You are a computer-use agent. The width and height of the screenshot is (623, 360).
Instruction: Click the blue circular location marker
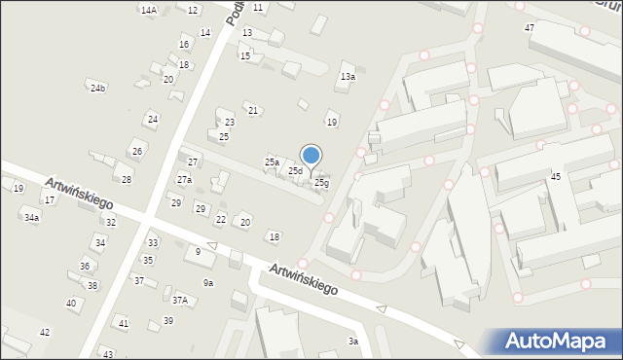(x=311, y=156)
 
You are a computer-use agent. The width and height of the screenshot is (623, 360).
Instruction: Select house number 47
(x=529, y=28)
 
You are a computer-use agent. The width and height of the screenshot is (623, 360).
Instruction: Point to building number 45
(x=556, y=176)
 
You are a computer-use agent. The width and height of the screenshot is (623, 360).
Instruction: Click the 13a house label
(x=348, y=77)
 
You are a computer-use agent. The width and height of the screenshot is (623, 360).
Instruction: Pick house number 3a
(x=354, y=342)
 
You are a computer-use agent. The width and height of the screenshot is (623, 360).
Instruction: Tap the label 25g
(x=321, y=183)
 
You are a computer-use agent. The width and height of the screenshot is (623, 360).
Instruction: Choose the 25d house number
(x=295, y=171)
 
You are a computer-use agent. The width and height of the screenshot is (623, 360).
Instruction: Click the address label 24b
(x=97, y=89)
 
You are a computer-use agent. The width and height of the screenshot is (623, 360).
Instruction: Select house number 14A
(x=148, y=10)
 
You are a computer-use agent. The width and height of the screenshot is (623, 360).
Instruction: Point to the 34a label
(x=32, y=218)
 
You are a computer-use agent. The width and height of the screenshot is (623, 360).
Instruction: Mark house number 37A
(x=180, y=301)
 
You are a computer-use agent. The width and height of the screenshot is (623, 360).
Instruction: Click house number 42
(x=45, y=333)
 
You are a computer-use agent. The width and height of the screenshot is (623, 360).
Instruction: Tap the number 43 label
(x=107, y=354)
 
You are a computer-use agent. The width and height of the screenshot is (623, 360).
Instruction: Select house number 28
(x=127, y=180)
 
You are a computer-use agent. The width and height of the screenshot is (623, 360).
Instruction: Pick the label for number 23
(x=230, y=123)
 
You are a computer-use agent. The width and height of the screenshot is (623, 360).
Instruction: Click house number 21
(x=253, y=111)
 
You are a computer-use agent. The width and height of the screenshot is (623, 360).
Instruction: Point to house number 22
(x=221, y=220)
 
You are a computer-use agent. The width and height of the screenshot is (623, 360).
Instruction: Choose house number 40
(x=71, y=304)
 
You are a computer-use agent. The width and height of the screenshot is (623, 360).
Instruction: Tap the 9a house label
(x=208, y=283)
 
